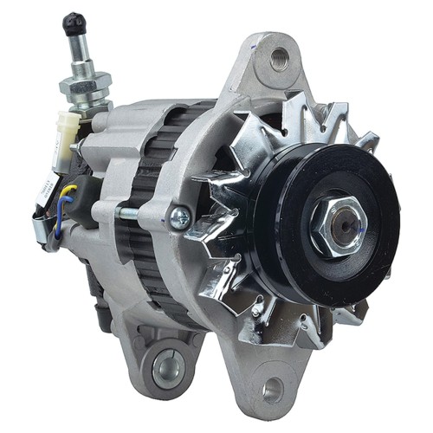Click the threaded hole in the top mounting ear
[278, 59]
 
